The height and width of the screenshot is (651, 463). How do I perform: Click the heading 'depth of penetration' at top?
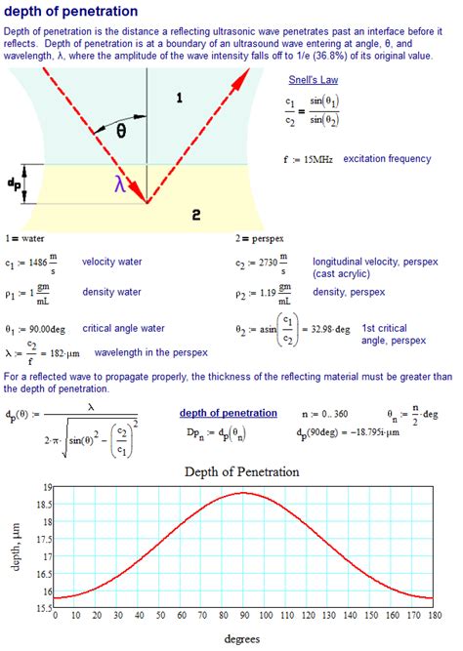tap(70, 12)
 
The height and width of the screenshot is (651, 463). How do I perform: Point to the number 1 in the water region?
tap(178, 97)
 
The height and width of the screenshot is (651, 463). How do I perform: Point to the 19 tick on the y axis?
tap(47, 487)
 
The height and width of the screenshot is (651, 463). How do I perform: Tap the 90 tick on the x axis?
tap(244, 616)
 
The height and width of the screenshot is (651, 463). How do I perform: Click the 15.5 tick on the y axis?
tap(43, 606)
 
